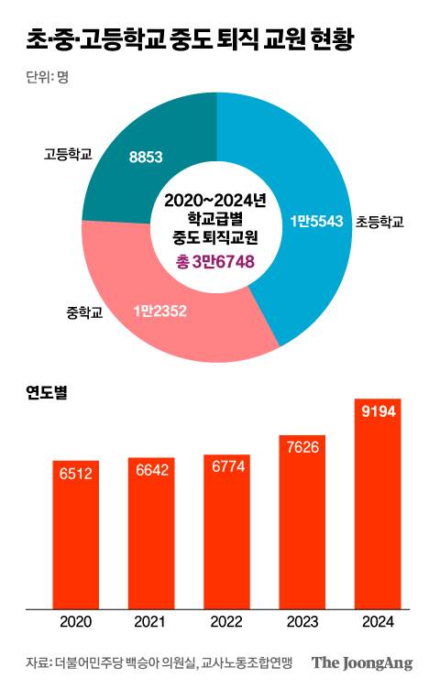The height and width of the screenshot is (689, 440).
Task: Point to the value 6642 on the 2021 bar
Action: pos(151,469)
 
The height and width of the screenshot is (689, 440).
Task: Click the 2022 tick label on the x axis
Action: pos(227,622)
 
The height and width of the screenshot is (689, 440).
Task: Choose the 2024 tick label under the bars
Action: pos(378,622)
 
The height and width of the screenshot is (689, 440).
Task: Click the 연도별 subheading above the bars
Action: pos(47,393)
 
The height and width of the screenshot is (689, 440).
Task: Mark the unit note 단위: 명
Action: pos(48,77)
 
